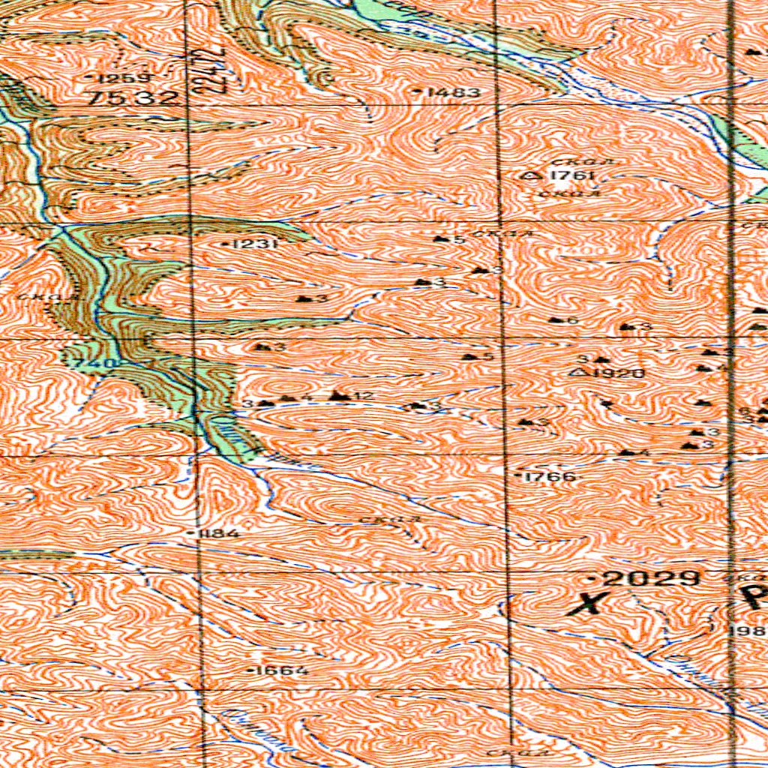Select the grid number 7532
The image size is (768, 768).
133,97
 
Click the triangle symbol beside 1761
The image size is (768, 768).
532,175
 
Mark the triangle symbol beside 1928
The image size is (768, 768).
578,372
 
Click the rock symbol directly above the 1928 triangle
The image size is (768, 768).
605,360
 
